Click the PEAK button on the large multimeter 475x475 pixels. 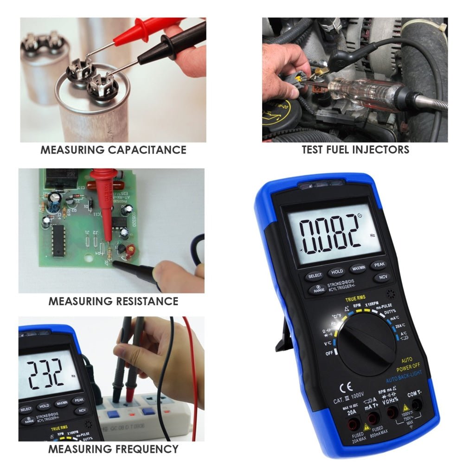point(379,264)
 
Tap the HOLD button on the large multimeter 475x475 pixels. point(337,271)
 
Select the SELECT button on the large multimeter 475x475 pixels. point(315,276)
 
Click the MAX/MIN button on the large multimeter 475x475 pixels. point(358,268)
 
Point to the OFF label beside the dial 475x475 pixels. point(329,353)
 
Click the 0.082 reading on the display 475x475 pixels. point(330,232)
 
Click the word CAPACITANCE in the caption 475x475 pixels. point(147,150)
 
